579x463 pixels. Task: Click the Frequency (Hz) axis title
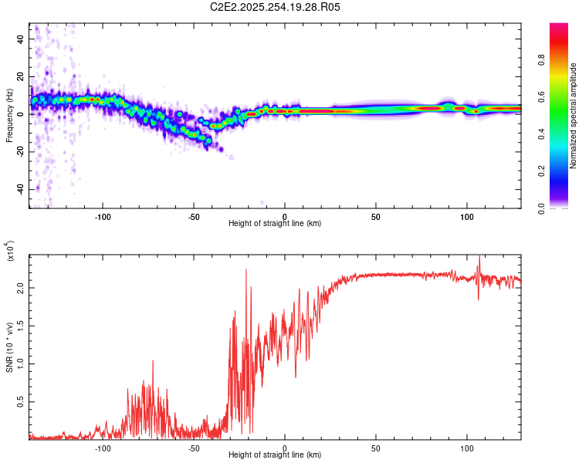(9, 116)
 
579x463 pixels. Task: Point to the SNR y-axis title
(9, 347)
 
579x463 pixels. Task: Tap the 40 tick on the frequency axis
(20, 39)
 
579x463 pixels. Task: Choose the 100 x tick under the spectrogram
(466, 216)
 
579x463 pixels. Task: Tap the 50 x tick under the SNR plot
(375, 448)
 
